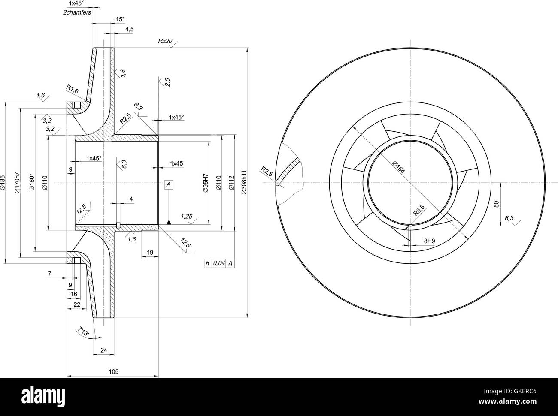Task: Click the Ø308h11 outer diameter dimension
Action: click(x=243, y=183)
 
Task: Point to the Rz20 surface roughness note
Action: click(x=165, y=41)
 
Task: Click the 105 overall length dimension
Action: click(x=113, y=371)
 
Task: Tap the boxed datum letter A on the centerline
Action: click(x=169, y=184)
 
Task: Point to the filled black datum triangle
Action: click(x=169, y=222)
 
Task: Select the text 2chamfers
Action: click(x=77, y=13)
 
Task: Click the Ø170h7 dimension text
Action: click(x=18, y=183)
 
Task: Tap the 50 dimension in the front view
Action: click(x=497, y=204)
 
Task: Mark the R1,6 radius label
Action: click(x=72, y=89)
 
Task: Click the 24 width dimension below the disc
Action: click(x=103, y=350)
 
